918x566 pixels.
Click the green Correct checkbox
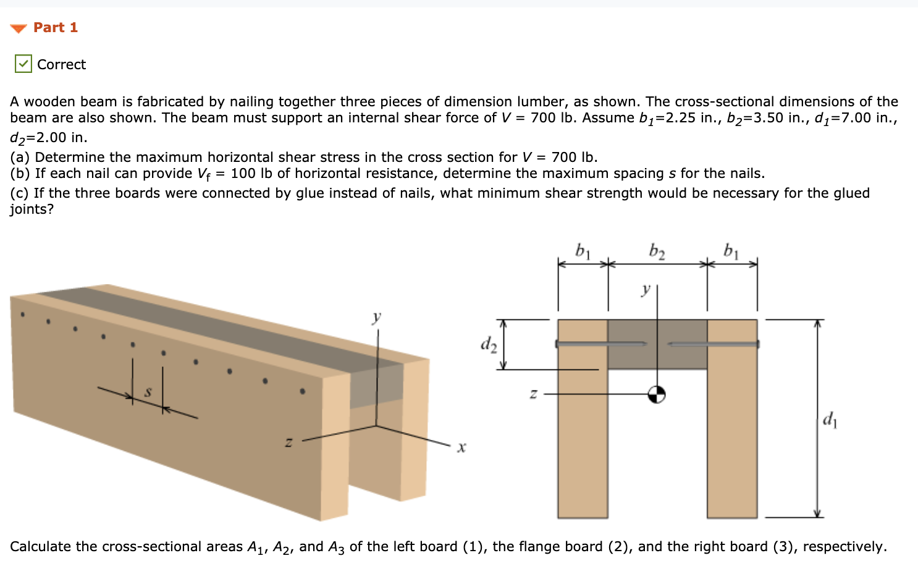[23, 64]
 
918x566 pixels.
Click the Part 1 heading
[55, 28]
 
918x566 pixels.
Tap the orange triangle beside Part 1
[19, 28]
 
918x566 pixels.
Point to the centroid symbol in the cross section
[657, 394]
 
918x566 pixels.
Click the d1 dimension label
[830, 420]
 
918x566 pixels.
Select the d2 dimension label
[488, 344]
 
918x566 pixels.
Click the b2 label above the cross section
[657, 251]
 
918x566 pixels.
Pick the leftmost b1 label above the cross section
[583, 251]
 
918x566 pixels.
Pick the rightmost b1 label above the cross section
[731, 251]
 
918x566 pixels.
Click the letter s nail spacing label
[148, 392]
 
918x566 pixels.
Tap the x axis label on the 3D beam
[461, 447]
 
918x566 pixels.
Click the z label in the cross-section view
[533, 394]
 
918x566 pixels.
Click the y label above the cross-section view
[646, 289]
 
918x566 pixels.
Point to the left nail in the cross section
[599, 344]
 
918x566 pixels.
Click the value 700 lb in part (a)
[574, 157]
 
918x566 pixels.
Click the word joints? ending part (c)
[32, 209]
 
